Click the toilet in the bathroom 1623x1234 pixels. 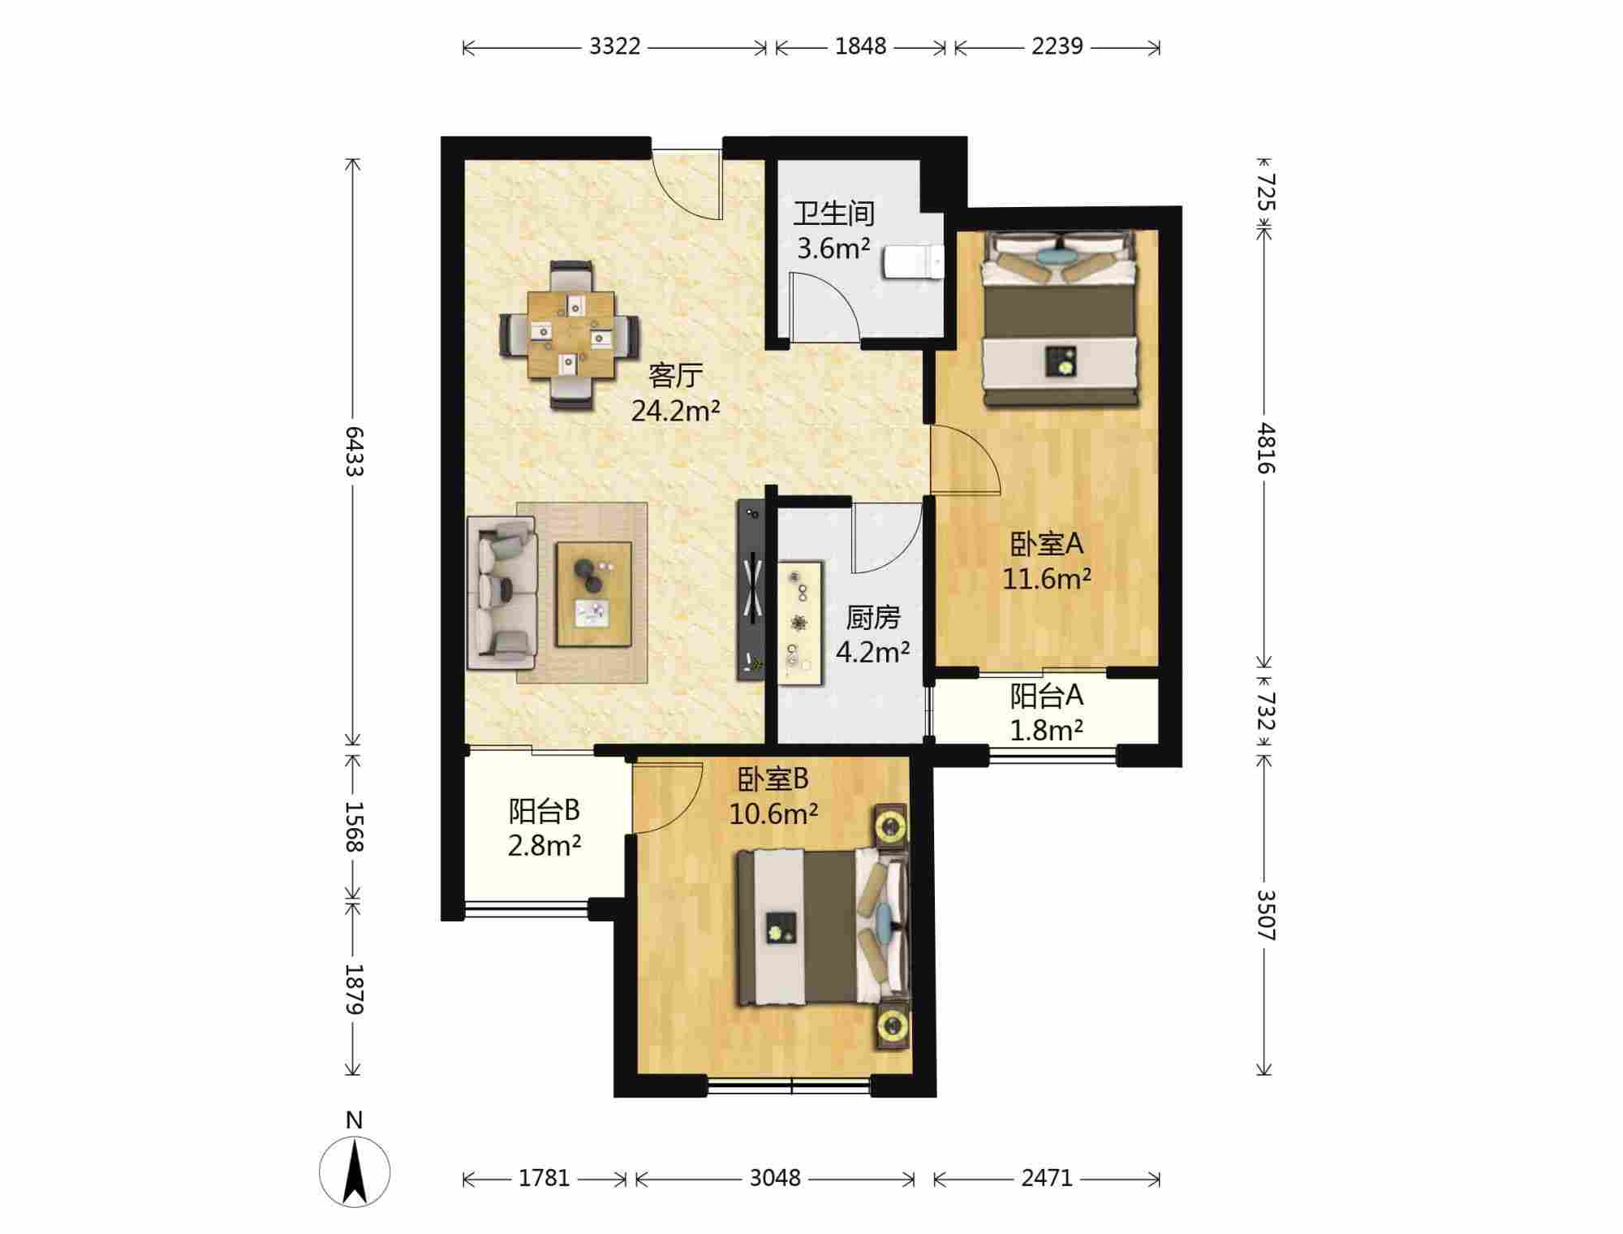(x=913, y=261)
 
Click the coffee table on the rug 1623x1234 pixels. (x=594, y=594)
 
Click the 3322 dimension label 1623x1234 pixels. (x=614, y=46)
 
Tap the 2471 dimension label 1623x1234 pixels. (x=1047, y=1178)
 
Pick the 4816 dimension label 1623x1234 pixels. (x=1266, y=447)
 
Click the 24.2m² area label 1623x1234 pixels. (x=676, y=411)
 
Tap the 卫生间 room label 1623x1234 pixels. (x=834, y=214)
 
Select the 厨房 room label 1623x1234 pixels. (x=873, y=617)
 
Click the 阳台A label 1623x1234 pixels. (x=1047, y=696)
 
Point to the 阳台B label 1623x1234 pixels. (x=545, y=810)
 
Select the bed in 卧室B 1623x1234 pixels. (x=820, y=927)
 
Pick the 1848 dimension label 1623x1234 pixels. (x=861, y=46)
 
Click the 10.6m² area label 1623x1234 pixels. (x=773, y=813)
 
